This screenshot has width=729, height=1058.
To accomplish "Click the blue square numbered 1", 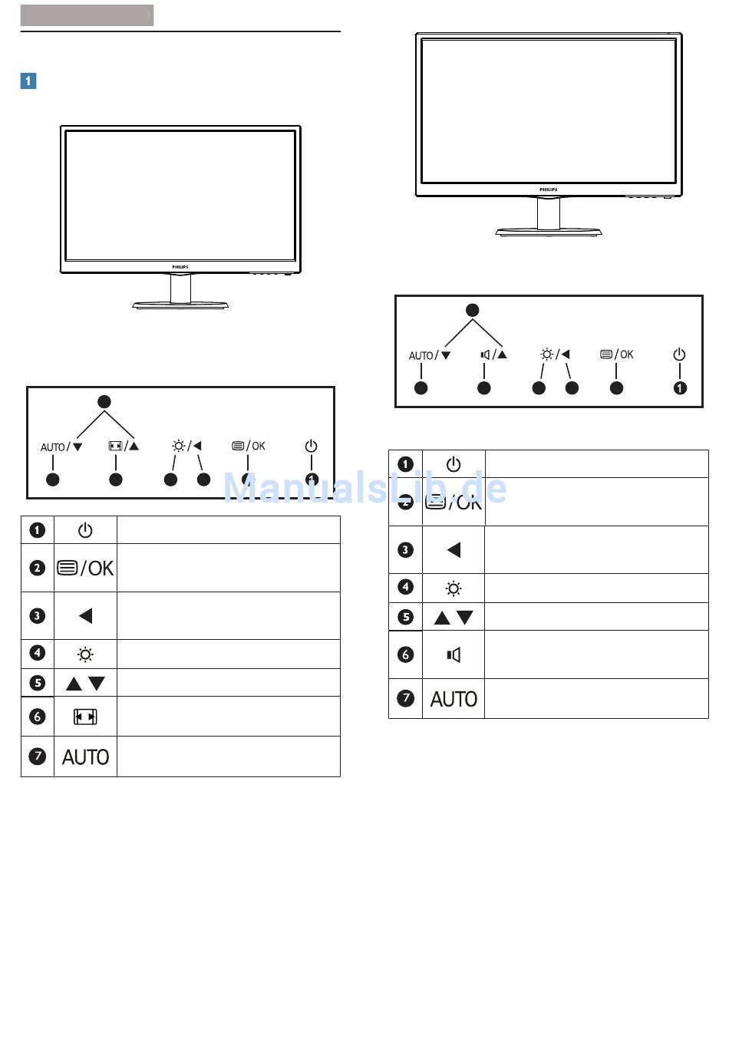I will click(x=28, y=81).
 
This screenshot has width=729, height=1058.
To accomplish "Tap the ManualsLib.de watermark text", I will click(x=365, y=488).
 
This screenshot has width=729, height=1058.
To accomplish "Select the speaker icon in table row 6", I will click(x=454, y=654).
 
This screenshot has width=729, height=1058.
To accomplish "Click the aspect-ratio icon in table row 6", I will click(x=85, y=717).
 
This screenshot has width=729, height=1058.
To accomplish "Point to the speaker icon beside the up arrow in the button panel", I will click(x=485, y=354).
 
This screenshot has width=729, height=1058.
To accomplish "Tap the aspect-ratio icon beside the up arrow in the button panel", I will click(x=115, y=446).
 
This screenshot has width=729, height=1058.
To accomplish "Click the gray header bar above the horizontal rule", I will click(x=87, y=15).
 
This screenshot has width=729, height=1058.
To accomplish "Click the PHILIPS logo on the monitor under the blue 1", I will click(x=180, y=267).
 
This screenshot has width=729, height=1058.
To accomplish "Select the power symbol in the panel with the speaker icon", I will click(x=679, y=354).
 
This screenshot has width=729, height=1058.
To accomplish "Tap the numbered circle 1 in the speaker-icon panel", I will click(x=680, y=388).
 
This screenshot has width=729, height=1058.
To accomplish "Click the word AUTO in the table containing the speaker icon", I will click(x=454, y=699).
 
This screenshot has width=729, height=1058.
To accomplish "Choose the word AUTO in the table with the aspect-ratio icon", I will click(x=85, y=757).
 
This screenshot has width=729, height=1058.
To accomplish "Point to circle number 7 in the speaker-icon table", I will click(x=405, y=698).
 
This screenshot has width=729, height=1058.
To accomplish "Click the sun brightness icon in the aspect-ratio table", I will click(x=85, y=654).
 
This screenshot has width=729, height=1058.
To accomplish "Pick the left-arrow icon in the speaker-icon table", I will click(x=454, y=549).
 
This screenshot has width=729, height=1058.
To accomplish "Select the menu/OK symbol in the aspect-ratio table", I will click(x=85, y=568).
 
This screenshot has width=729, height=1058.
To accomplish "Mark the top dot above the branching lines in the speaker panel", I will click(x=473, y=310).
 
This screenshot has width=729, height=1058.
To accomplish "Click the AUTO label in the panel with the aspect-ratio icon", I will click(x=53, y=447).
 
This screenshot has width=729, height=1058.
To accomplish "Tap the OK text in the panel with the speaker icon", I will click(x=627, y=354).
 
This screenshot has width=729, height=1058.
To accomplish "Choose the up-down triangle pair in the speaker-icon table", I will click(x=454, y=618).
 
